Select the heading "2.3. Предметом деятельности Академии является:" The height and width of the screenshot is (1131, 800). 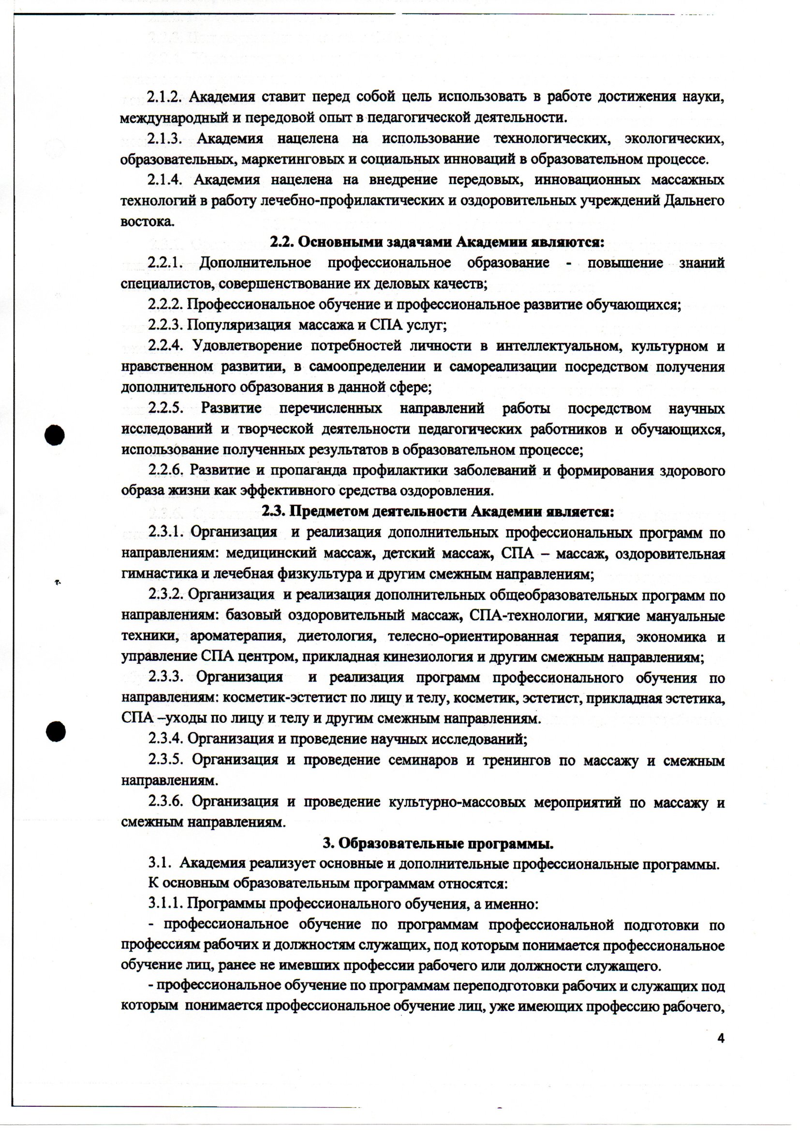pyautogui.click(x=437, y=512)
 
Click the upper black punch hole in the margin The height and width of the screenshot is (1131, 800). pyautogui.click(x=55, y=435)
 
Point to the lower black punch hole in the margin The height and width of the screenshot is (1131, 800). pyautogui.click(x=56, y=731)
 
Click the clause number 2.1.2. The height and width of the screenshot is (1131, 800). pyautogui.click(x=164, y=97)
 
